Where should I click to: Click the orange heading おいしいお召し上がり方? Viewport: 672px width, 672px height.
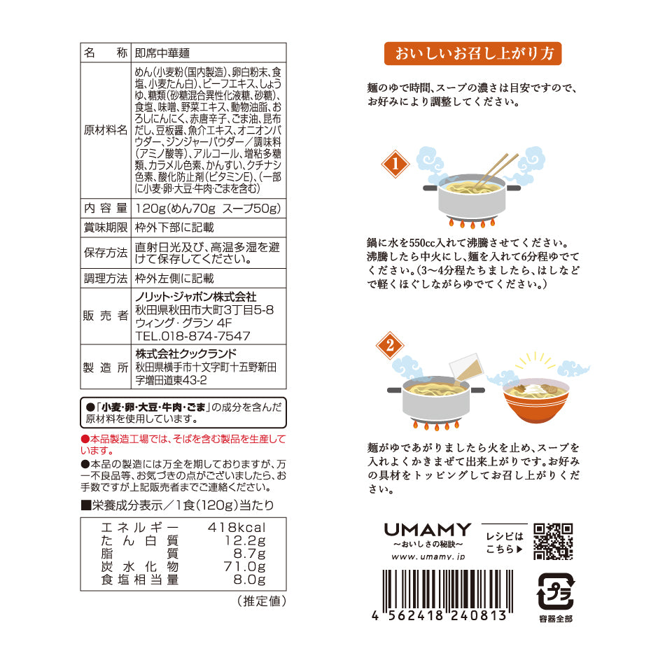[x=472, y=54]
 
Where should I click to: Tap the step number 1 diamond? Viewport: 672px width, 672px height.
[x=395, y=164]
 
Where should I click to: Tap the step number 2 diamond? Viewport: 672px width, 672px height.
[x=390, y=345]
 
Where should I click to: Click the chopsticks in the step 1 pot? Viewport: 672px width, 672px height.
[x=496, y=169]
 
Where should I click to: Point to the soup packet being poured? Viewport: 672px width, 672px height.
[x=465, y=367]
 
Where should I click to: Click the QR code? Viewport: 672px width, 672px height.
[x=553, y=541]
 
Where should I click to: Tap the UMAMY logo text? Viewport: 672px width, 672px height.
[x=427, y=530]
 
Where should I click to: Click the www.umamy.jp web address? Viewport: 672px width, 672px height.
[x=428, y=556]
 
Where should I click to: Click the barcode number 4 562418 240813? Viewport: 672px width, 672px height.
[x=440, y=616]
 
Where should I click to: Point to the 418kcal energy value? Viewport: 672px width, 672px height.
[x=237, y=527]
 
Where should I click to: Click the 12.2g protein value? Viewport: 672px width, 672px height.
[x=245, y=540]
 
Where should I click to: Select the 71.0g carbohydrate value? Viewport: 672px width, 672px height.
[x=244, y=566]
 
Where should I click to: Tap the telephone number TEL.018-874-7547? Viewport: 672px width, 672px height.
[x=192, y=336]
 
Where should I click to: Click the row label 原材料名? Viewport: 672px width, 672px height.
[x=106, y=130]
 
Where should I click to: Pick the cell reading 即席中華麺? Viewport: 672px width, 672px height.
[x=162, y=53]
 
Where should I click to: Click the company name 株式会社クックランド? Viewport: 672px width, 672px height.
[x=186, y=353]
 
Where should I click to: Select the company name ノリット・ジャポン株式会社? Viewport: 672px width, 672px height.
[x=195, y=297]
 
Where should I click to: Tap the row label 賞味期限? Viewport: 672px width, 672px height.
[x=106, y=227]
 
